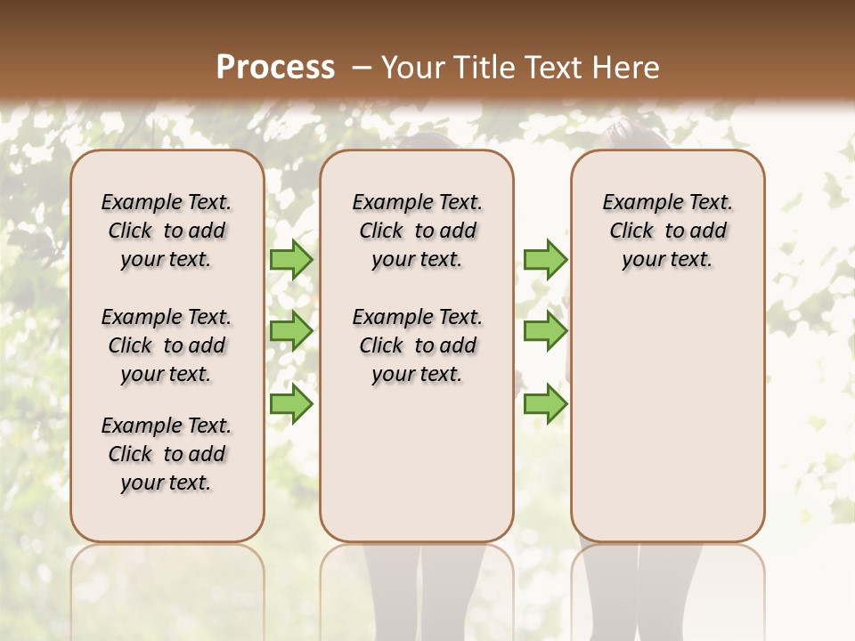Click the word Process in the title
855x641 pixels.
tap(275, 67)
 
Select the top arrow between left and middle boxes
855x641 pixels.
tap(290, 260)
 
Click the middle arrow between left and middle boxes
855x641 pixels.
tap(290, 331)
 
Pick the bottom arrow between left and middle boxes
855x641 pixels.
tap(290, 403)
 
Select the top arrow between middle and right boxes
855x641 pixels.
tap(545, 260)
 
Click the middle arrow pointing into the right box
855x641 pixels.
tap(545, 331)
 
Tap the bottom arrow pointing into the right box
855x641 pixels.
tap(545, 403)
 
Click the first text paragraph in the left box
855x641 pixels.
tap(167, 231)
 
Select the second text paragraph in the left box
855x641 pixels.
tap(167, 345)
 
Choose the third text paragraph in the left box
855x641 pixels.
tap(167, 454)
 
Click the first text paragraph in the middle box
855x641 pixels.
tap(417, 231)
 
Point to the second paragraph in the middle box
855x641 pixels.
tap(417, 345)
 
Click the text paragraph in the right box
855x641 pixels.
tap(667, 231)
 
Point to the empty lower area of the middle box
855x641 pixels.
tap(417, 463)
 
